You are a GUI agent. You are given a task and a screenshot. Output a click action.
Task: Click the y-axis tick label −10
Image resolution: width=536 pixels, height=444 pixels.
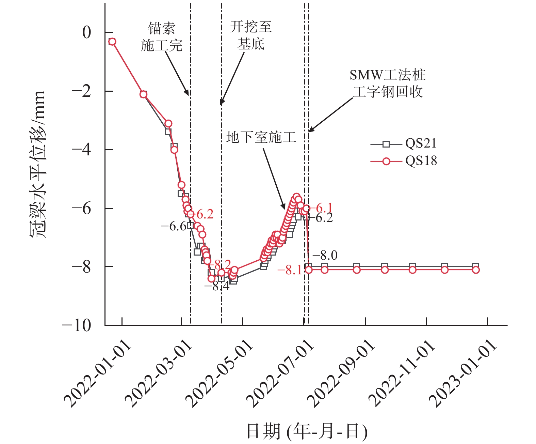click(x=77, y=325)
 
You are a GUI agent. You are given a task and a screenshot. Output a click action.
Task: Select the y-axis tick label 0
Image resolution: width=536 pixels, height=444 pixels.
click(x=87, y=33)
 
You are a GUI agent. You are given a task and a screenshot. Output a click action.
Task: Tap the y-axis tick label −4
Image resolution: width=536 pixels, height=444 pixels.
click(x=81, y=150)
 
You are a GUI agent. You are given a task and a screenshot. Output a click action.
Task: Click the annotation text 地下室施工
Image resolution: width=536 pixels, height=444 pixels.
click(x=261, y=137)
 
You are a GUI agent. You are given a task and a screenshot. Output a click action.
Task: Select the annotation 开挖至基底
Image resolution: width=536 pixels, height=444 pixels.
click(x=251, y=35)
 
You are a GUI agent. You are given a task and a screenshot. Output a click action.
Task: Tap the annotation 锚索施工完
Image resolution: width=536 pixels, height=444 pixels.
click(x=162, y=37)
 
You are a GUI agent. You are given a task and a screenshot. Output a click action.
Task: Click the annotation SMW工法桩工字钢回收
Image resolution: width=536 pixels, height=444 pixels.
click(x=388, y=83)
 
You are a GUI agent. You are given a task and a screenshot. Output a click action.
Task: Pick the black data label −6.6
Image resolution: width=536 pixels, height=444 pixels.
click(x=174, y=226)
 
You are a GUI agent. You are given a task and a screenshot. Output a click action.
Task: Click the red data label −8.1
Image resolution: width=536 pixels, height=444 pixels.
click(x=290, y=271)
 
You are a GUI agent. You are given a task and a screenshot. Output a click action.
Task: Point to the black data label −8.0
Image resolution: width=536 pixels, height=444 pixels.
click(x=325, y=255)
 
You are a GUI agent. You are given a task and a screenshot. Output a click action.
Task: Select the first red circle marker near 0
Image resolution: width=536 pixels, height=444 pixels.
click(x=112, y=42)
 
